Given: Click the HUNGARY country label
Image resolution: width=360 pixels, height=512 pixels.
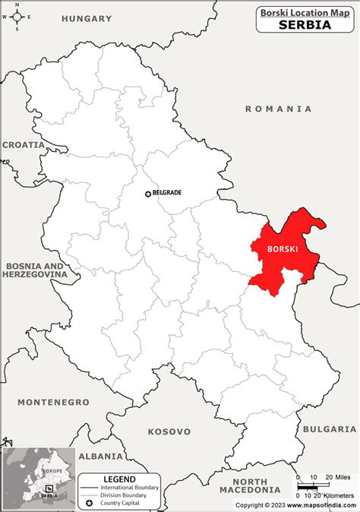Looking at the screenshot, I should click(x=87, y=17).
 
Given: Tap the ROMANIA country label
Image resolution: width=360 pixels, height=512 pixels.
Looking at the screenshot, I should click(x=278, y=109).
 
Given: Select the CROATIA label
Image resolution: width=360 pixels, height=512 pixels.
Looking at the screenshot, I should click(x=24, y=144).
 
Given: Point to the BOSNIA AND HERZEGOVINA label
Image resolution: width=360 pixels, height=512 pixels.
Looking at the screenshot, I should click(x=33, y=270).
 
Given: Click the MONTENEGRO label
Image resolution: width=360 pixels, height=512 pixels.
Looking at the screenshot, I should click(x=49, y=402).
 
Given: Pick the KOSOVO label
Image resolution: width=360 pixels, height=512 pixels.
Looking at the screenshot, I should click(x=169, y=431).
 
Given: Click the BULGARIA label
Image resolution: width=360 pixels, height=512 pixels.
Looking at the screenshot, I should click(x=330, y=429).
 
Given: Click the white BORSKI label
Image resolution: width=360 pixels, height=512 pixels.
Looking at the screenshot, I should click(x=283, y=248).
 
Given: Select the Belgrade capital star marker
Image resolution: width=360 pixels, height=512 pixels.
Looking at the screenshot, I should click(x=148, y=194).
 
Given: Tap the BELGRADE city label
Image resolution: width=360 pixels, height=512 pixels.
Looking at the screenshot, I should click(x=167, y=193).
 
